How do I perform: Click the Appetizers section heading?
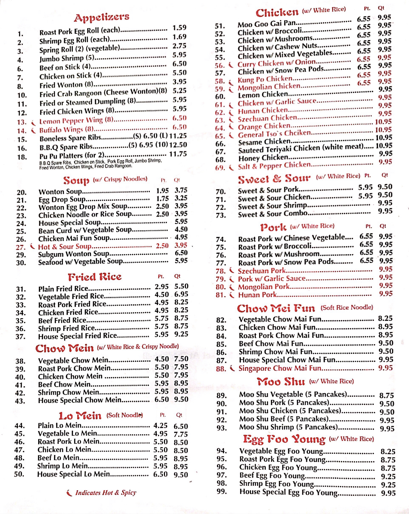[101, 17]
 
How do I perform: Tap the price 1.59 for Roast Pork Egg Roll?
[179, 28]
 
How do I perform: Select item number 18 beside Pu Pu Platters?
[22, 157]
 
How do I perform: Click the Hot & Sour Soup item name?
[65, 246]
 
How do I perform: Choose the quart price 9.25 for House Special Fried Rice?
[181, 334]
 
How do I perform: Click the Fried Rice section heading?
[95, 277]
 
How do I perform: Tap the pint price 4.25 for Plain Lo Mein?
[160, 426]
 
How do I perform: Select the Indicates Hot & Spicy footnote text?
[105, 493]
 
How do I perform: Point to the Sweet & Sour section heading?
[274, 179]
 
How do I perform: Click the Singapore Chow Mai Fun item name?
[280, 368]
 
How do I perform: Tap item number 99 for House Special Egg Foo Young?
[221, 492]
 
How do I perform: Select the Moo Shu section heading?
[281, 382]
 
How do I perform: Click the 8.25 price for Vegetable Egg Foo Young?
[388, 452]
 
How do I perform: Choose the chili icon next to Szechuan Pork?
[232, 271]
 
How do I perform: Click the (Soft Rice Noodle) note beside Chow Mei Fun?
[347, 308]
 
